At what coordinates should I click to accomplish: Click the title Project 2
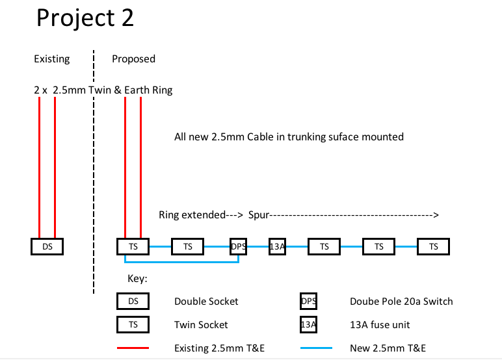(85, 18)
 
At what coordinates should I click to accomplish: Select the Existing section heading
(51, 59)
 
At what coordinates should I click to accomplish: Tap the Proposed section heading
(133, 59)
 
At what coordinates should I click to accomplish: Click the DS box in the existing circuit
(47, 247)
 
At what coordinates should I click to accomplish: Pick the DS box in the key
(133, 302)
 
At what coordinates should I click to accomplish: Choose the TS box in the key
(133, 324)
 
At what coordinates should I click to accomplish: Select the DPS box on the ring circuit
(239, 247)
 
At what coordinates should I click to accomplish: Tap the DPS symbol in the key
(309, 302)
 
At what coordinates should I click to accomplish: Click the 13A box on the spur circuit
(278, 247)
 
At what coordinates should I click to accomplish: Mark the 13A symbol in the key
(309, 324)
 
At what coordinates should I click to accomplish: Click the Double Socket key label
(206, 302)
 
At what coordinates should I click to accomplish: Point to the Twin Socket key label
(201, 324)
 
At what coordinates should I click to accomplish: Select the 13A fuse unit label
(380, 324)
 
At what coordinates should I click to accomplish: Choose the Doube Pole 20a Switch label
(401, 302)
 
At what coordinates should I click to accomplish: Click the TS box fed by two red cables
(133, 247)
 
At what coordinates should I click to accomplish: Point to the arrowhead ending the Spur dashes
(436, 215)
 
